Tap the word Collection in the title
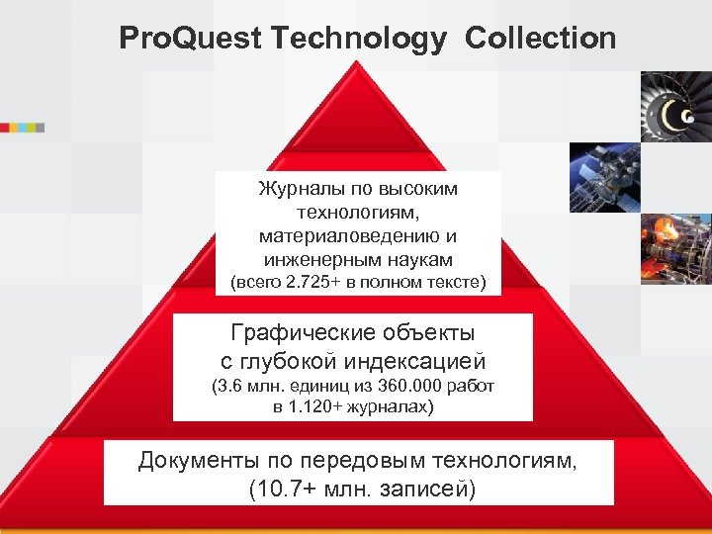(540, 40)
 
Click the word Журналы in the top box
(297, 188)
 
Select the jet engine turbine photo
(676, 106)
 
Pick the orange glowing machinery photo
(676, 247)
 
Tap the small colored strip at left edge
(22, 128)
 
